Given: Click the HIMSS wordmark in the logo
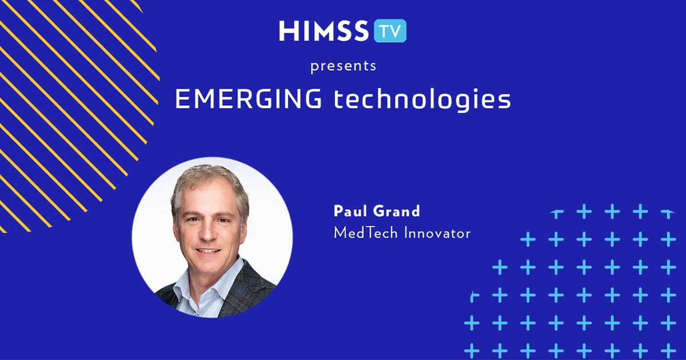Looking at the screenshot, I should coord(324,31).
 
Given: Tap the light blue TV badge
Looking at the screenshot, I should coord(390,31).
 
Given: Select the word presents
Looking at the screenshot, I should coord(343,66).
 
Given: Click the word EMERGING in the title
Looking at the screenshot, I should coord(248,100).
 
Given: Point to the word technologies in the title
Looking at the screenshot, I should coord(422,100).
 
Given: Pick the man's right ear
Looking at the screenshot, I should coord(176,224).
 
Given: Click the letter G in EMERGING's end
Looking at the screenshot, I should coord(312,100).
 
